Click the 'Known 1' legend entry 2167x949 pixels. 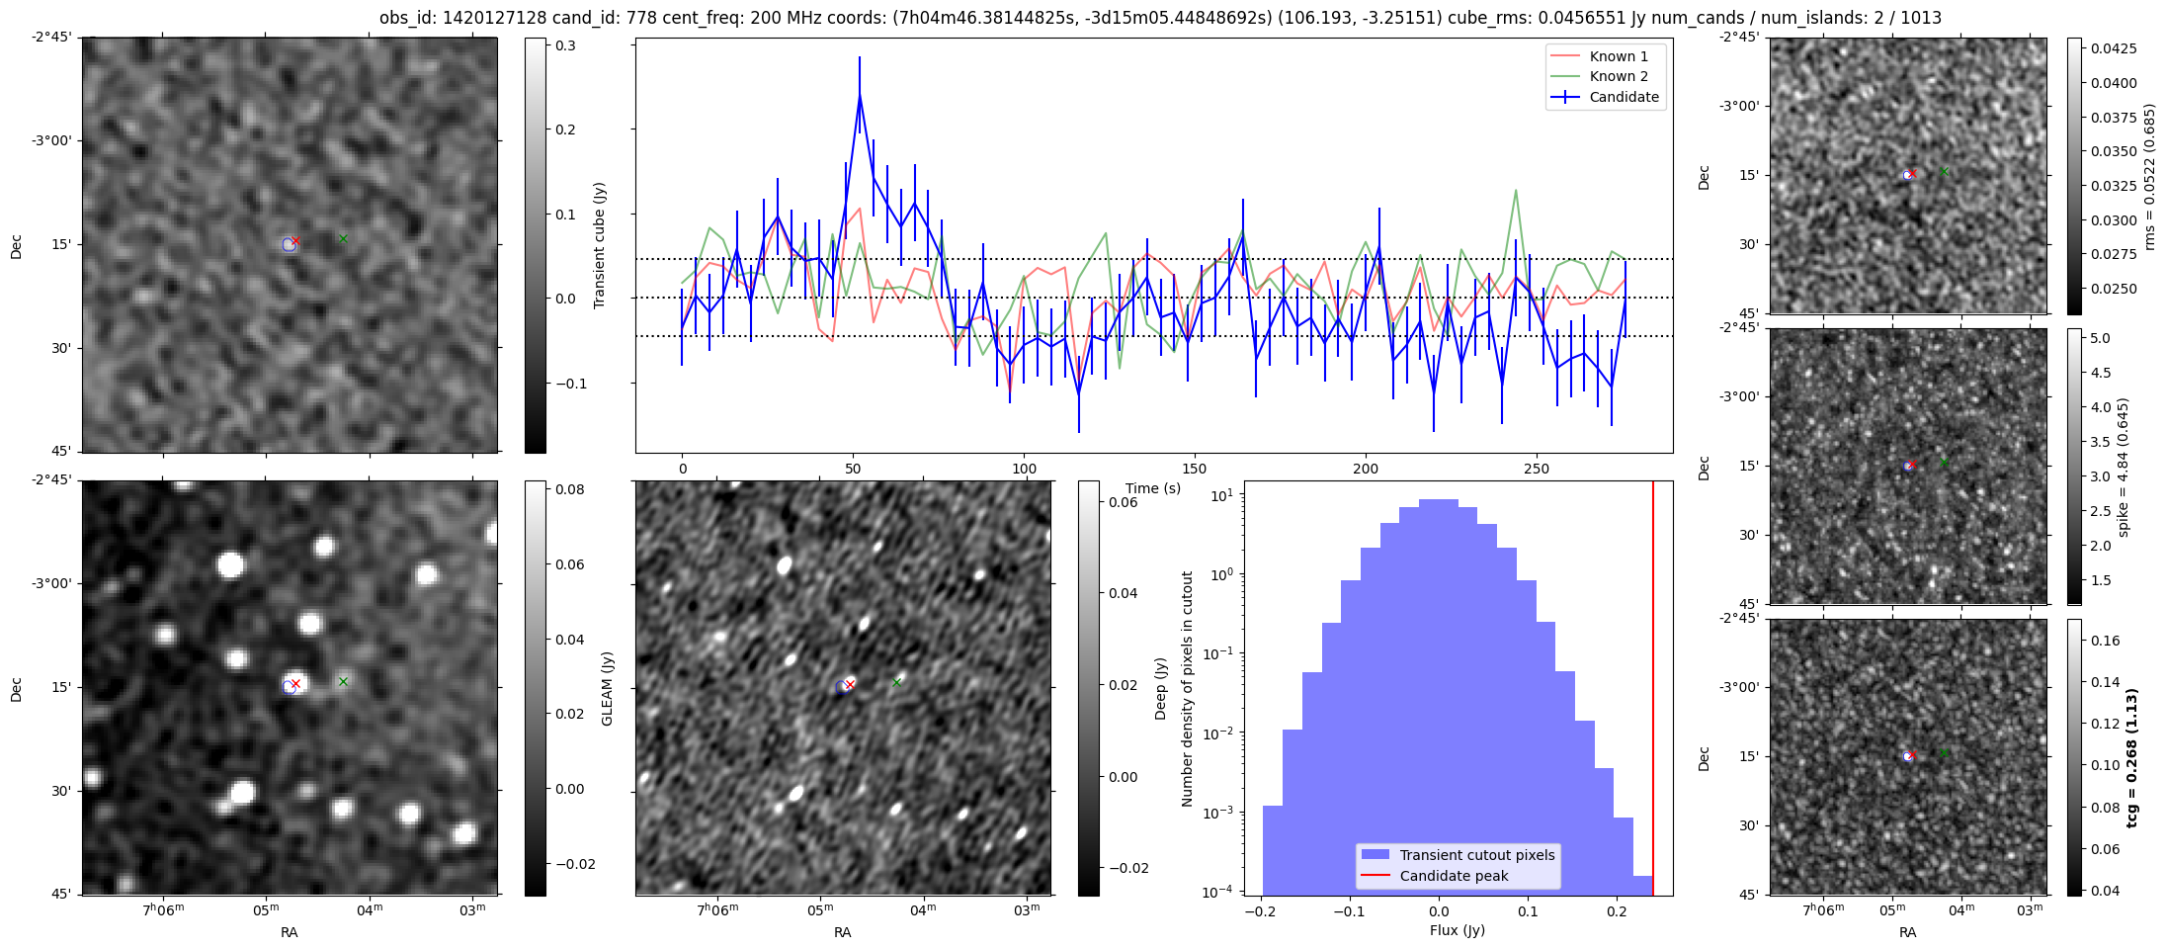[1618, 56]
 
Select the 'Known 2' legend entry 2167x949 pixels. [1618, 76]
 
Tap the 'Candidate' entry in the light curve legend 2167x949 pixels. [1624, 97]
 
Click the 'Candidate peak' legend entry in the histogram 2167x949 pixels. [1454, 876]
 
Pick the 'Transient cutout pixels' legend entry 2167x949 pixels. [1476, 855]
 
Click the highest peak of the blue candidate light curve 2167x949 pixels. [860, 95]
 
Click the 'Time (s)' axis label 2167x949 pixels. [1153, 488]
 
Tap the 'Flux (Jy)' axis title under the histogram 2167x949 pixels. [1457, 930]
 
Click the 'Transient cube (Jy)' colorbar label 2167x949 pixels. [600, 245]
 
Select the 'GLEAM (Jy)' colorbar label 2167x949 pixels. [608, 688]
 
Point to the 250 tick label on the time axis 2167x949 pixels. [1536, 469]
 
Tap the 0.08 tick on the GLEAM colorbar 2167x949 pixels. [570, 489]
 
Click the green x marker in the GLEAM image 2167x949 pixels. [343, 681]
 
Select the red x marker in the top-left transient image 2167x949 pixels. [295, 240]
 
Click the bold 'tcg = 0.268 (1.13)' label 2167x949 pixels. [2132, 757]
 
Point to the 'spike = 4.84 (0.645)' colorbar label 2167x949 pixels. [2124, 467]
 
